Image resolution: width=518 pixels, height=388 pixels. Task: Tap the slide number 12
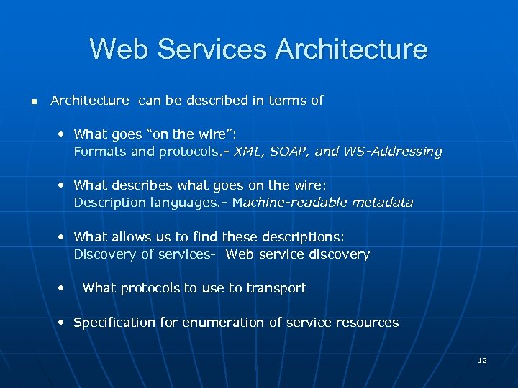pyautogui.click(x=482, y=360)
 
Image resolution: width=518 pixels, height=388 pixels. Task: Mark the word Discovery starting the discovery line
pyautogui.click(x=101, y=254)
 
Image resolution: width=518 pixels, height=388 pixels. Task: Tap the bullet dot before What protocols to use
pyautogui.click(x=63, y=287)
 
